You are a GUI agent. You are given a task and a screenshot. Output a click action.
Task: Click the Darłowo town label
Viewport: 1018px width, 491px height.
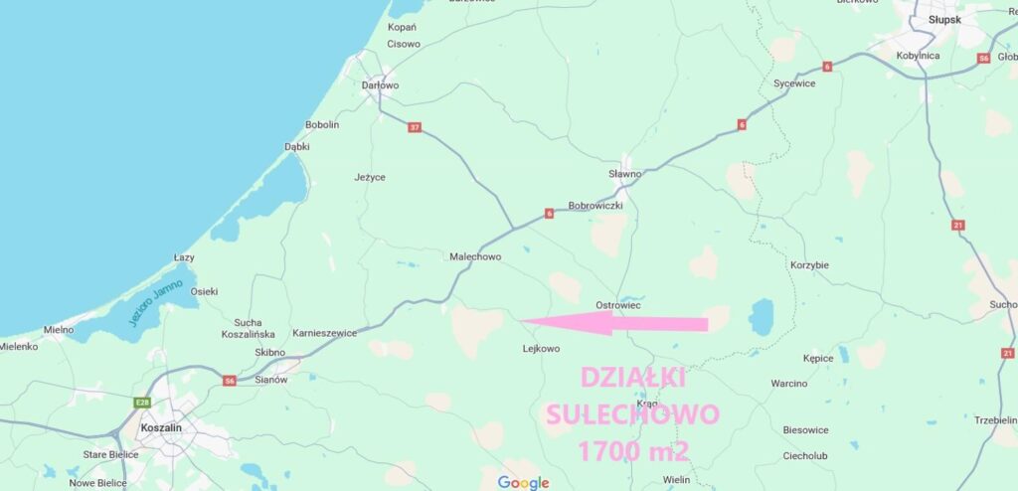click(x=380, y=86)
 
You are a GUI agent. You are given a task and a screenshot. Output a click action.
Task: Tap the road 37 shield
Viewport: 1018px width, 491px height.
click(x=415, y=127)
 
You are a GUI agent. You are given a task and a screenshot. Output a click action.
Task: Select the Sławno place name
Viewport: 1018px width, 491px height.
click(x=624, y=174)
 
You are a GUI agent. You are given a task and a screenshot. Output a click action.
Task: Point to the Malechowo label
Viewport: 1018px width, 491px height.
click(x=475, y=256)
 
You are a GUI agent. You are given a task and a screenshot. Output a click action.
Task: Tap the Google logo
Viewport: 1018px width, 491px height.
click(x=524, y=483)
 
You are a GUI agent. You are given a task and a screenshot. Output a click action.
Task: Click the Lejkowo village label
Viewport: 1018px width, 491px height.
click(x=541, y=349)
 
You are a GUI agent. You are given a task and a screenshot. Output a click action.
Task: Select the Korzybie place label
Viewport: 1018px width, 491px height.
click(x=809, y=265)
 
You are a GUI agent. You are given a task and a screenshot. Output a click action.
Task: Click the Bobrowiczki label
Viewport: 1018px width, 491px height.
click(x=594, y=206)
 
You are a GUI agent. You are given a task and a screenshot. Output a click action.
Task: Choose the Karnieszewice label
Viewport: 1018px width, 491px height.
click(x=324, y=333)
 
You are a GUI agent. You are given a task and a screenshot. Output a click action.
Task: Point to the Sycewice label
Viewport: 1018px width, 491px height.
click(x=794, y=83)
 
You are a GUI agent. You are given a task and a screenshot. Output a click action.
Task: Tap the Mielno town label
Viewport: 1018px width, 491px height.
click(x=59, y=329)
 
